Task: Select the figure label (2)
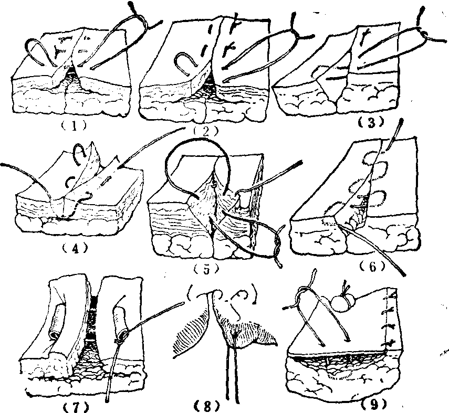[x=206, y=131]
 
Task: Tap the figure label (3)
[x=371, y=122]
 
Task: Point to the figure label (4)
[x=75, y=249]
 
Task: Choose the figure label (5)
[x=206, y=269]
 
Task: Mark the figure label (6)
[x=372, y=267]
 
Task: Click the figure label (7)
[x=75, y=406]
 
